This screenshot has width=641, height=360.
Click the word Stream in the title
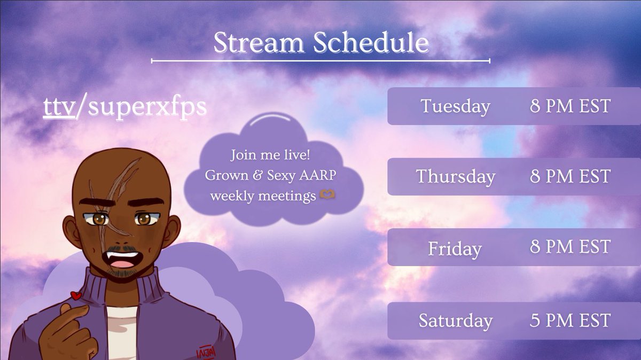coord(259,42)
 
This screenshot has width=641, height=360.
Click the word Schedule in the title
coord(371,42)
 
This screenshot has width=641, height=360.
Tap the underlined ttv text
coord(59,107)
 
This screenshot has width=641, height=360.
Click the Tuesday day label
coord(455,106)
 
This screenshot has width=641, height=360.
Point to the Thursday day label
coord(456,176)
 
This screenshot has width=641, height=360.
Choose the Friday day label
coord(455,248)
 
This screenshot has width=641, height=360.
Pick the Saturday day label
coord(456,320)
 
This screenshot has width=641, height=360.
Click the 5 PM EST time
coord(570,320)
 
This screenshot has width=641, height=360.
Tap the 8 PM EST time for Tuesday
coord(570,106)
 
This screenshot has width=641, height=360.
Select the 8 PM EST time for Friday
coord(570,246)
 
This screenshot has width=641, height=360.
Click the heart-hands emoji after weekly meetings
coord(327,194)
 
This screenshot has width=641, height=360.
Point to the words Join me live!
coord(270,155)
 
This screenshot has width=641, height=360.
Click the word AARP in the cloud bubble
coord(318,175)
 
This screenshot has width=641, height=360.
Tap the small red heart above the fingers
coord(76,295)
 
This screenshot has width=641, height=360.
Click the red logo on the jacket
coord(206,352)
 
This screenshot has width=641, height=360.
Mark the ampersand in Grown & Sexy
coord(257,175)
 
